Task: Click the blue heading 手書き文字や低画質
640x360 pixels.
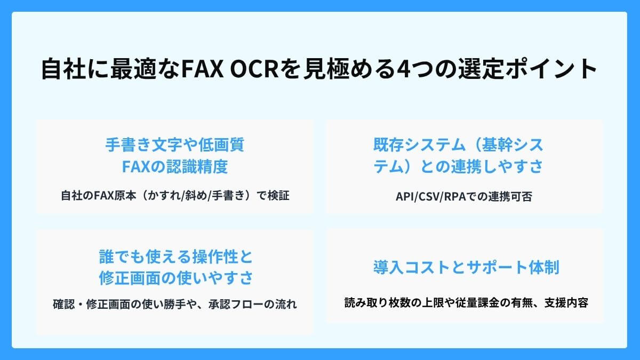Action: pyautogui.click(x=175, y=145)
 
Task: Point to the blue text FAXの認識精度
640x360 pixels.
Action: pyautogui.click(x=175, y=167)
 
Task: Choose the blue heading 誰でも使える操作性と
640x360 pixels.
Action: pyautogui.click(x=175, y=257)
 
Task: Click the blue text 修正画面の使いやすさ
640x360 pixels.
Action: pyautogui.click(x=175, y=278)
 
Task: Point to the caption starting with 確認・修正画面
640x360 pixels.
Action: pyautogui.click(x=175, y=305)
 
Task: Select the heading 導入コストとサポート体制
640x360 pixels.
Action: pyautogui.click(x=466, y=267)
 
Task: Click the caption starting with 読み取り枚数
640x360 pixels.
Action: pyautogui.click(x=466, y=303)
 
